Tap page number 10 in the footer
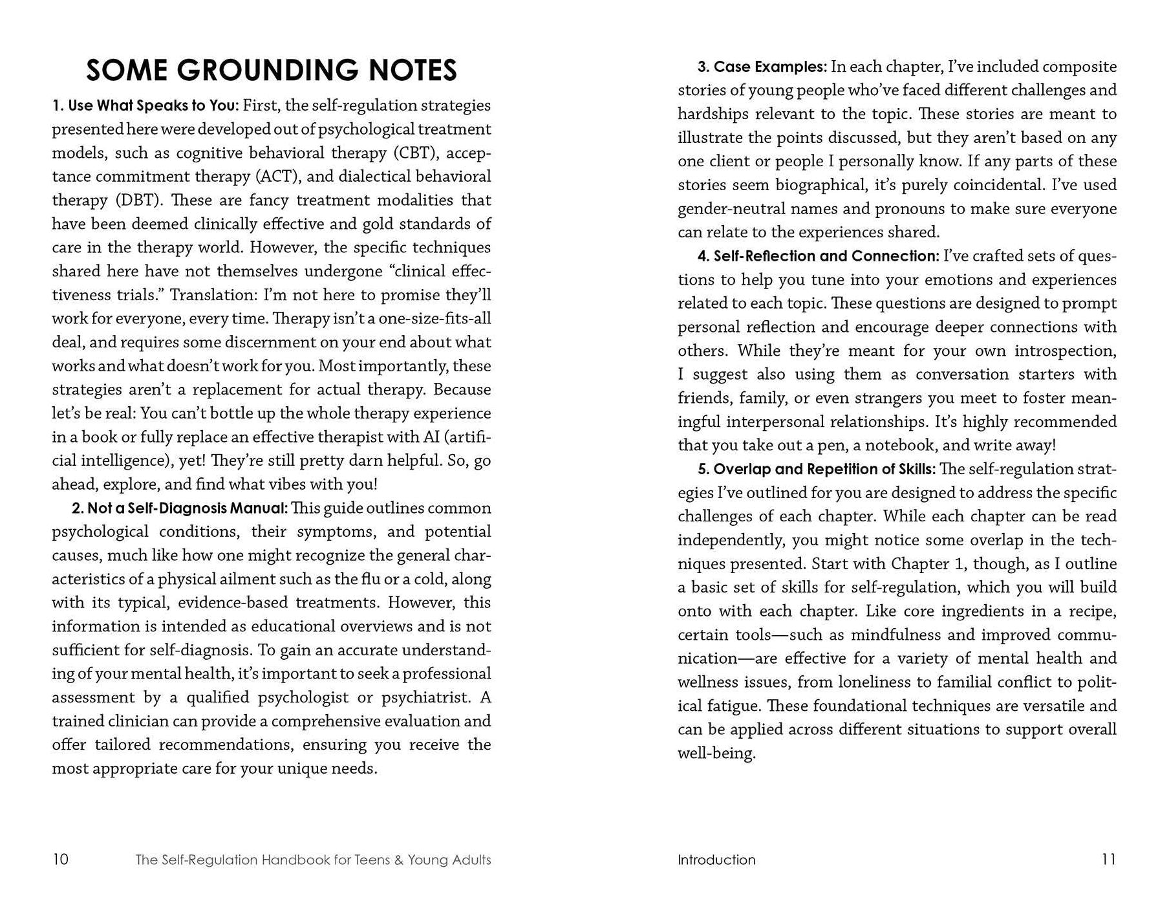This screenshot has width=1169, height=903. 60,860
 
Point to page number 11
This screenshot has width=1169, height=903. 1108,860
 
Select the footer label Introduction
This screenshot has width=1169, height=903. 716,860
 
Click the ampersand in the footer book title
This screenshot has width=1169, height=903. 398,860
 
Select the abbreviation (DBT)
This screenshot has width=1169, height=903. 138,201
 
